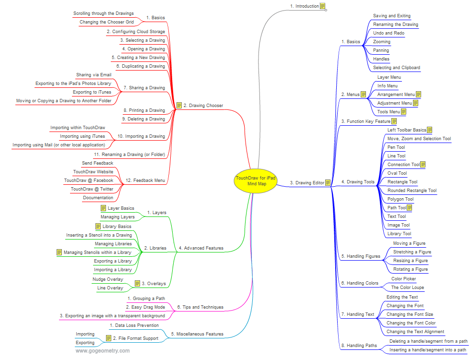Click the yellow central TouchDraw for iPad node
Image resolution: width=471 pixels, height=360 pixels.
coord(255,180)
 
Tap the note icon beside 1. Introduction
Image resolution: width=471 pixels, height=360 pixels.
coord(323,6)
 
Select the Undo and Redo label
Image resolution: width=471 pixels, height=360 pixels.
coord(389,33)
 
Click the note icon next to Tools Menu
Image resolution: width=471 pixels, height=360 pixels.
coord(403,112)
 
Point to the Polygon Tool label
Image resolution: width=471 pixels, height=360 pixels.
coord(400,199)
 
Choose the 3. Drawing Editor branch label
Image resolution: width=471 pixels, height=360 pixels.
coord(307,182)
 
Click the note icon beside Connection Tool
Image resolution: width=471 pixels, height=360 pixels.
coord(423,165)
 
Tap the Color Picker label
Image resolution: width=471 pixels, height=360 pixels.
coord(403,279)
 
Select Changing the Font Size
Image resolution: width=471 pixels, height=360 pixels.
coord(410,314)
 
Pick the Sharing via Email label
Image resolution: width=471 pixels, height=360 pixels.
coord(94,75)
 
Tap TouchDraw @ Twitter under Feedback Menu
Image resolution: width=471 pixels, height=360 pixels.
coord(92,189)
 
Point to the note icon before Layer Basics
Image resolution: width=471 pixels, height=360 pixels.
coord(103,208)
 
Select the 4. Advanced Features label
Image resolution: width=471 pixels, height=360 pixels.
coord(201,248)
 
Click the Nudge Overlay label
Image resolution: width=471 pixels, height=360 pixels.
coord(107,279)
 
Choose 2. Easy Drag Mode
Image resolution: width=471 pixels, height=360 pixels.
coord(145,307)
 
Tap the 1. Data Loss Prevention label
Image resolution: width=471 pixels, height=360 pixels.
coord(134,325)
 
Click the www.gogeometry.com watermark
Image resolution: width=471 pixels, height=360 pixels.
coord(103,351)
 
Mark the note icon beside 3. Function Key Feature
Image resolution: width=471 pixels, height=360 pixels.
coord(394,121)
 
